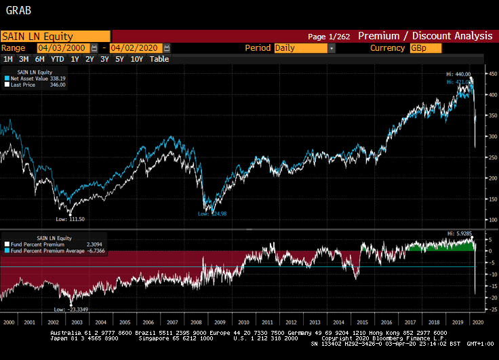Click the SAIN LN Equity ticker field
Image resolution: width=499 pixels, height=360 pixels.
(54, 37)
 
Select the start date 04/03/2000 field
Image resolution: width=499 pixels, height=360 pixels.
(63, 48)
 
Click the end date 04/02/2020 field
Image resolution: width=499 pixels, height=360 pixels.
(136, 48)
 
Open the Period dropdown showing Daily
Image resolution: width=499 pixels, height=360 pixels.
(304, 48)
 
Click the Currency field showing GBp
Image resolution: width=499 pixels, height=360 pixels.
(425, 48)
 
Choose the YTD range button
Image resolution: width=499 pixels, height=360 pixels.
(58, 59)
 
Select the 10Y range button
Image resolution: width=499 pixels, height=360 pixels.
(136, 59)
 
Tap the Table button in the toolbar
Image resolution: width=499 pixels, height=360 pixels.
(159, 59)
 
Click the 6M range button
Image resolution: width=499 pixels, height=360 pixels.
(40, 59)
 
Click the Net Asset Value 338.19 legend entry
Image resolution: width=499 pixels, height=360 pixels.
(41, 78)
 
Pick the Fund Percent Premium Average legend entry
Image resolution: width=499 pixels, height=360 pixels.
(51, 251)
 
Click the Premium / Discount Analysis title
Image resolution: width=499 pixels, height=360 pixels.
(425, 36)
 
